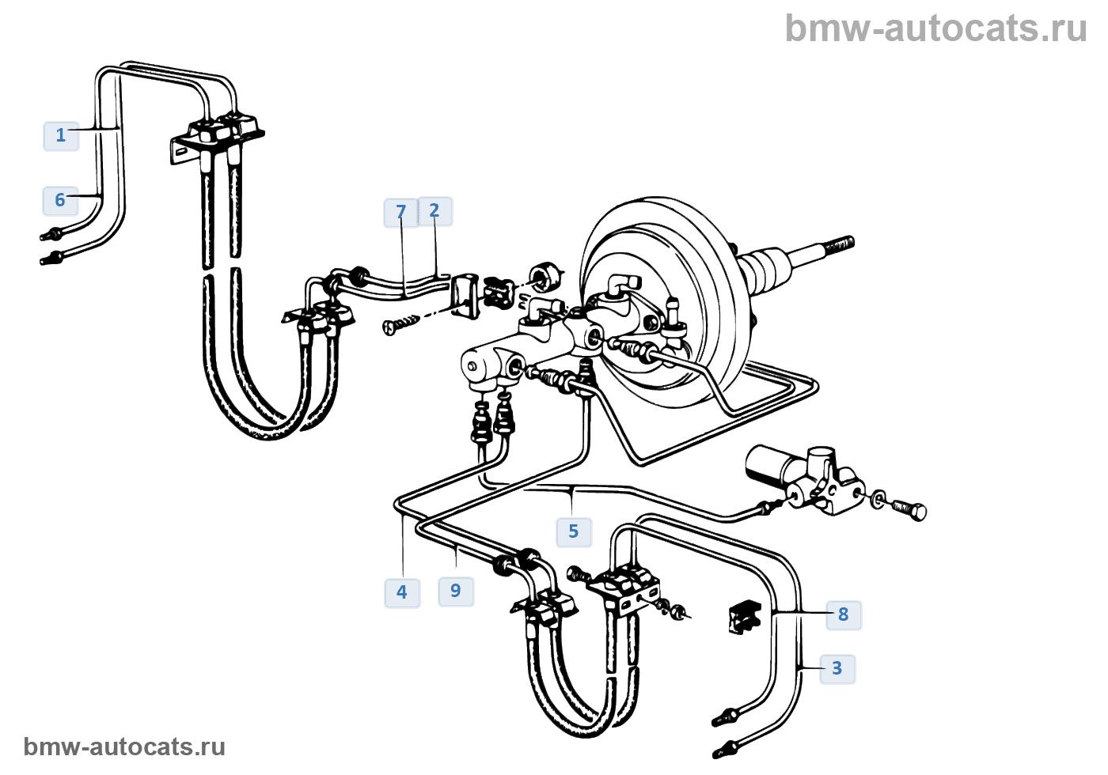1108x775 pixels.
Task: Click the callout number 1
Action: coord(61,135)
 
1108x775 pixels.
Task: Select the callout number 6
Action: coord(60,200)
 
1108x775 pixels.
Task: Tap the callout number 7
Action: coord(401,212)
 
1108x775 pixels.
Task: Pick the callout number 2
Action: coord(434,211)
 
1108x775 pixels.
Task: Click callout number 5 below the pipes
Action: coord(574,531)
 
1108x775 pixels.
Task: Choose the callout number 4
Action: coord(402,592)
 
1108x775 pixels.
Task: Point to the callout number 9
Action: coord(456,592)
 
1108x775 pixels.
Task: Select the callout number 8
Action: coord(844,615)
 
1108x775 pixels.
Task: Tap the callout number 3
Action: coord(837,669)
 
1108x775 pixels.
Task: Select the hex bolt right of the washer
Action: coord(909,511)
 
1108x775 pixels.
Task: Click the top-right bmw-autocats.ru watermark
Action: coord(936,28)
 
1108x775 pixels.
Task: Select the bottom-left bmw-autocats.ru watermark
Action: coord(124,747)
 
